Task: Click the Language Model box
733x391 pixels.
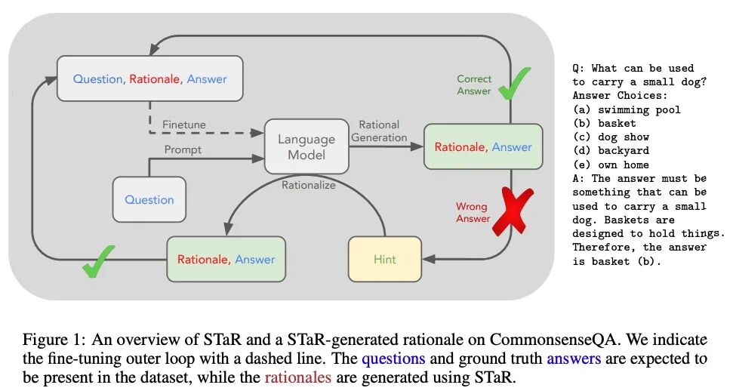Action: click(306, 146)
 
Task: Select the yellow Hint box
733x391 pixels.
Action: click(385, 259)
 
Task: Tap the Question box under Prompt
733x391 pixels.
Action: click(149, 199)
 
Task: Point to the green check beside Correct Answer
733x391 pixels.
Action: click(514, 84)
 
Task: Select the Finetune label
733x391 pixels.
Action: click(183, 125)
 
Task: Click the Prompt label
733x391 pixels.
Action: click(183, 149)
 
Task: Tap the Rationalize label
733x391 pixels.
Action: click(309, 183)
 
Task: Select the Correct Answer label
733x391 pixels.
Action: click(474, 85)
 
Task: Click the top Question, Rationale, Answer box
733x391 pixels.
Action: click(150, 79)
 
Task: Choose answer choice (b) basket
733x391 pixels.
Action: click(604, 123)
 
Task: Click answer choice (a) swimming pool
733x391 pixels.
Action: click(626, 109)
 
